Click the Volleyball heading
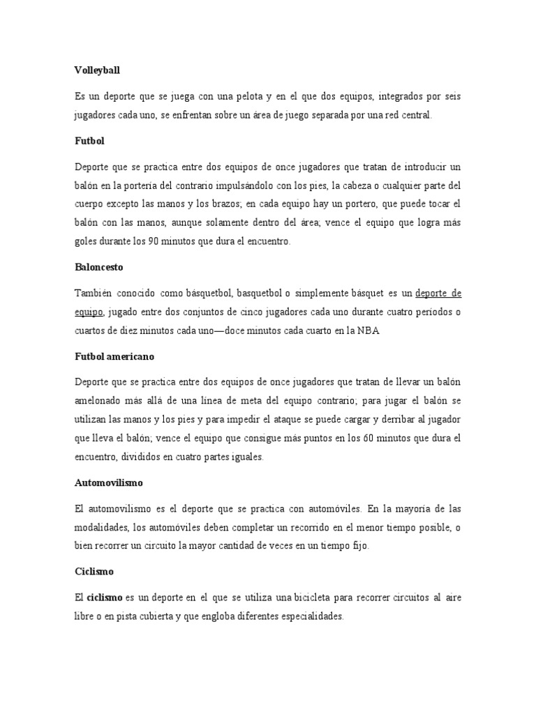[x=102, y=70]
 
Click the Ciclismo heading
[x=94, y=572]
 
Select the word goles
[x=88, y=242]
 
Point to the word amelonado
[x=101, y=401]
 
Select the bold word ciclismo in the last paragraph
[x=105, y=598]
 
